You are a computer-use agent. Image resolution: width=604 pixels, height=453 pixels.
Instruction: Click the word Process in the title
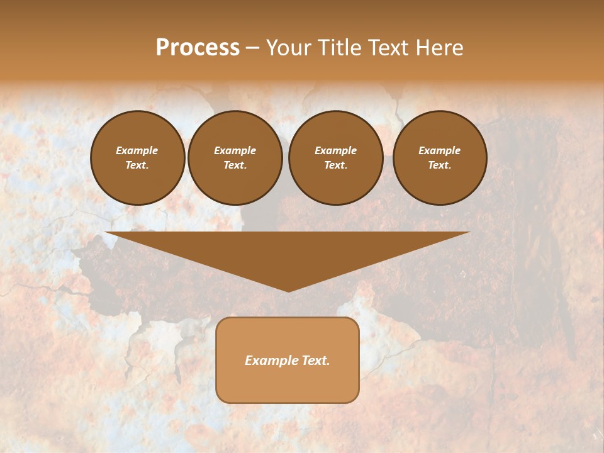tap(198, 48)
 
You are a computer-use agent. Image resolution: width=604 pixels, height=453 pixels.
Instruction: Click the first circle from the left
tap(137, 158)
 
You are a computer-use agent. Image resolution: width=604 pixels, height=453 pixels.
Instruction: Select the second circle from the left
tap(235, 158)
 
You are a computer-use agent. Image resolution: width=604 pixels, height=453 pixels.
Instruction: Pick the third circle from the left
tap(335, 158)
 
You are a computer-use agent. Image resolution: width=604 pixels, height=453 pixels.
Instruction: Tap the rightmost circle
tap(440, 158)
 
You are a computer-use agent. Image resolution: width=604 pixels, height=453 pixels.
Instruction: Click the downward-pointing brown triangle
tap(288, 252)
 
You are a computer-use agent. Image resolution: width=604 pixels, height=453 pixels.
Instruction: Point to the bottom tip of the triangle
tap(288, 291)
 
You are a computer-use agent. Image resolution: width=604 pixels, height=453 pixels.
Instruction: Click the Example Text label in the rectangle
tap(288, 361)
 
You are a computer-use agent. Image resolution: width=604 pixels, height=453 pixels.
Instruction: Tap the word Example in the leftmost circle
tap(137, 150)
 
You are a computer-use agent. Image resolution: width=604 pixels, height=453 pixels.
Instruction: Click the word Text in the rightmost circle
tap(440, 165)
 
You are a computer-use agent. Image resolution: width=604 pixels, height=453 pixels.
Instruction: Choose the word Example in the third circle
tap(335, 150)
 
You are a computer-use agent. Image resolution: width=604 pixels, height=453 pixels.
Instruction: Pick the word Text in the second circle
tap(235, 165)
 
